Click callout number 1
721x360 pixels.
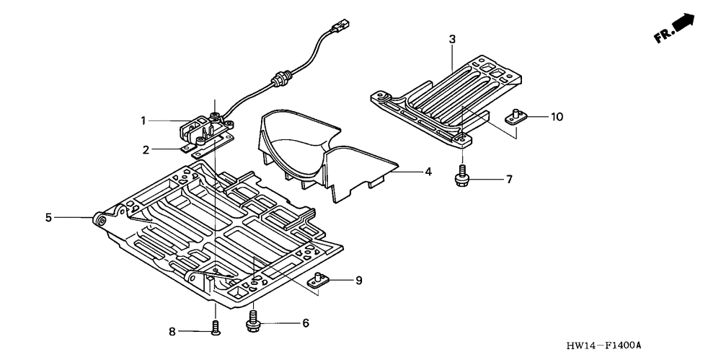pos(143,120)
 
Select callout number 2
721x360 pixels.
pos(146,150)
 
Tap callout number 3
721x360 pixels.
pos(452,39)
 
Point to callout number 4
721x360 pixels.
pos(428,172)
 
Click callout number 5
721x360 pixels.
pos(49,216)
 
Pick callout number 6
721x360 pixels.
pos(306,323)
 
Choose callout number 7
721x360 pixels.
pos(509,179)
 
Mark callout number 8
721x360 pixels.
pos(172,332)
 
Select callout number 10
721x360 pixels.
pos(557,116)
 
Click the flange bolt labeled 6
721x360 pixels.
pos(253,321)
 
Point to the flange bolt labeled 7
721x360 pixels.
pos(461,178)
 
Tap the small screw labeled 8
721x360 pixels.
pos(215,329)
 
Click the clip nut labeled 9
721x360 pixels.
pos(320,280)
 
